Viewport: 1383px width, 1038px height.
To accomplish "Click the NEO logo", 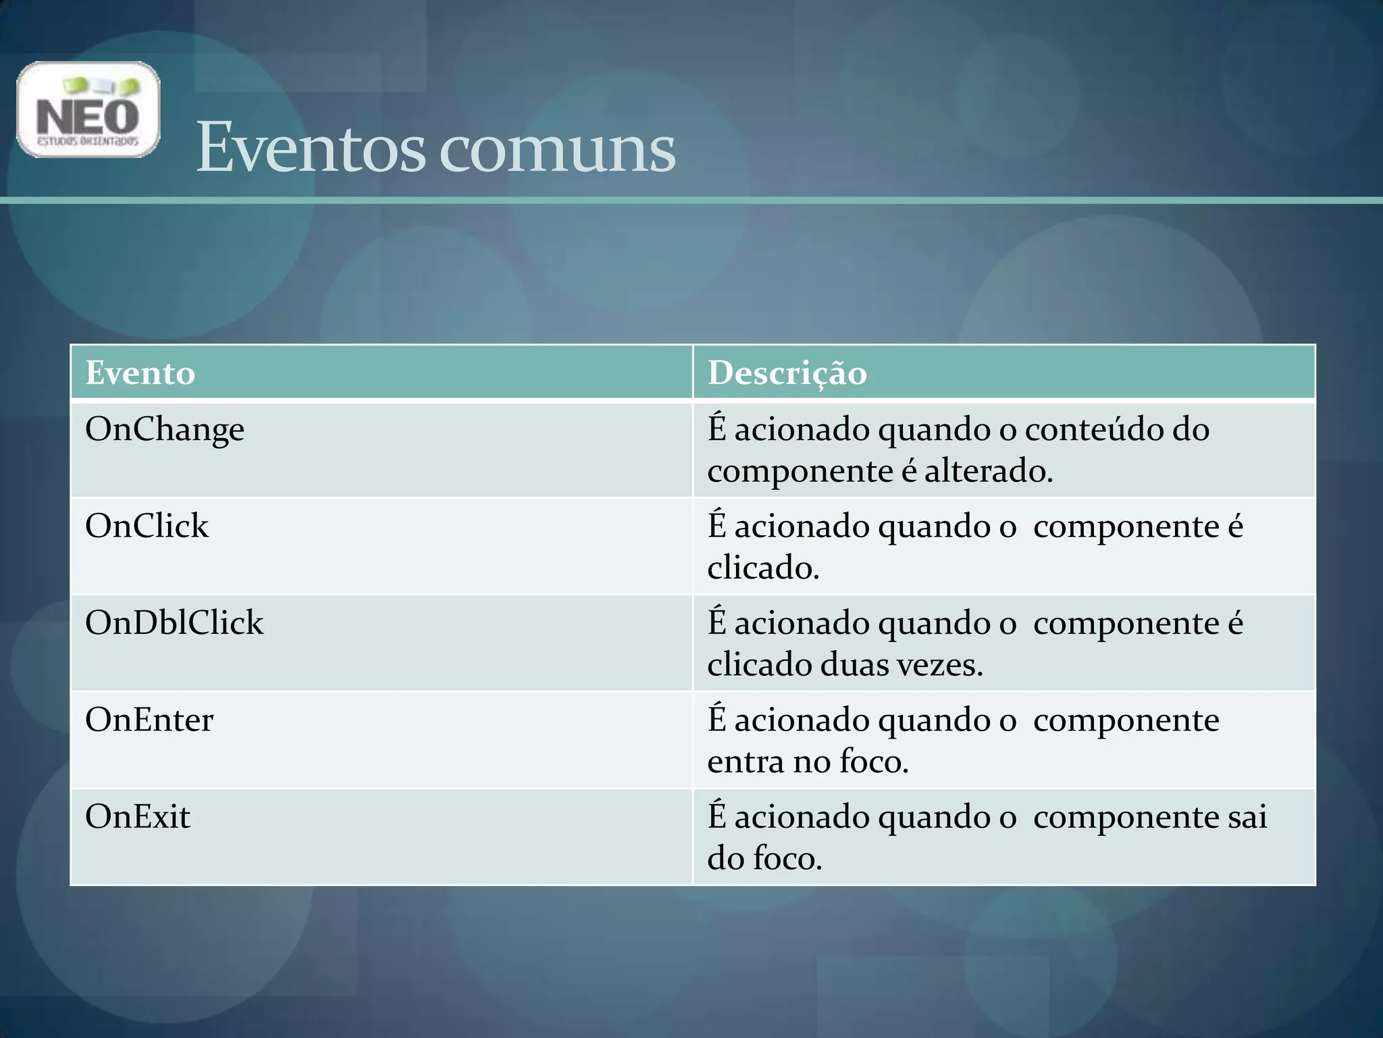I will pos(88,109).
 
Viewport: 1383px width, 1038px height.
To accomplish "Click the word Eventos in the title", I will pos(311,147).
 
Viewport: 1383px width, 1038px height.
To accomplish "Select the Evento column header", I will pos(140,373).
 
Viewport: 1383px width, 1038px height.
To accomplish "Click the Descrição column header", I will pos(787,373).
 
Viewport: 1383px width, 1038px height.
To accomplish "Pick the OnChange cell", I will pos(165,430).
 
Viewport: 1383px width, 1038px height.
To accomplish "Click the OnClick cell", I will pos(147,526).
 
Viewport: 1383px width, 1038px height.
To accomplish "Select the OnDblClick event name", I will pos(174,623).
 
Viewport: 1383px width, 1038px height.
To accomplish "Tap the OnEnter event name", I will pos(149,720).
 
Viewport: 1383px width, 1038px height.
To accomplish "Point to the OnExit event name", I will pos(138,816).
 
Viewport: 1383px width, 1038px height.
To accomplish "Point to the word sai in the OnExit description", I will pos(1247,816).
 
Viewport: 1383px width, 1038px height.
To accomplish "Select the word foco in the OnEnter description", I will pos(873,762).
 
